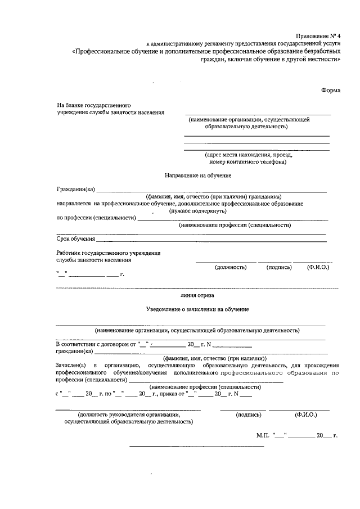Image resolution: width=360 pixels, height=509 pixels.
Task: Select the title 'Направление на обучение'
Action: (x=198, y=176)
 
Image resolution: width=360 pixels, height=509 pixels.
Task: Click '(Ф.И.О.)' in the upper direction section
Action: (x=318, y=267)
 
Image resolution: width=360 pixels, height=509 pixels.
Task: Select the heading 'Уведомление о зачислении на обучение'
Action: (x=197, y=310)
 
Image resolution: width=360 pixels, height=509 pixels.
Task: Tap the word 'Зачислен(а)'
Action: (x=71, y=365)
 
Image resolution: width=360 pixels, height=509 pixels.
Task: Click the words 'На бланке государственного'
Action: (x=94, y=105)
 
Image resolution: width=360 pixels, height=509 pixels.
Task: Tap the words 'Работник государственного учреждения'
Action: (x=109, y=253)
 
